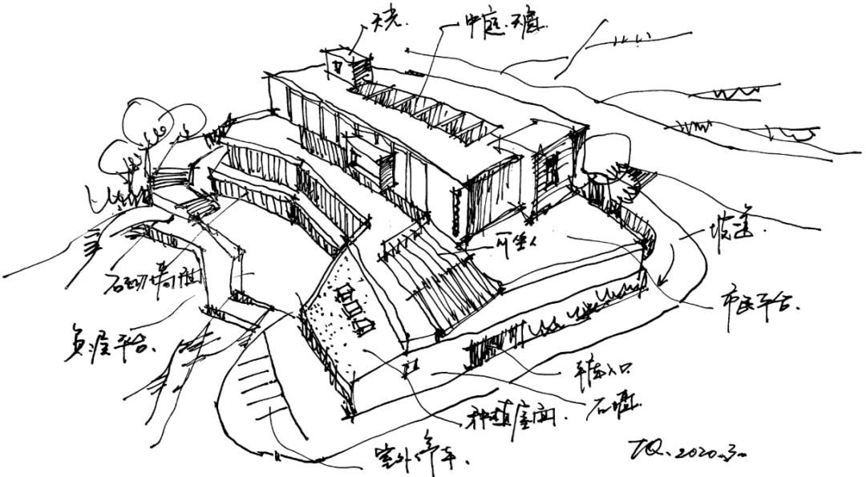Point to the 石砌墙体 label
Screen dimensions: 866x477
[153, 281]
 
